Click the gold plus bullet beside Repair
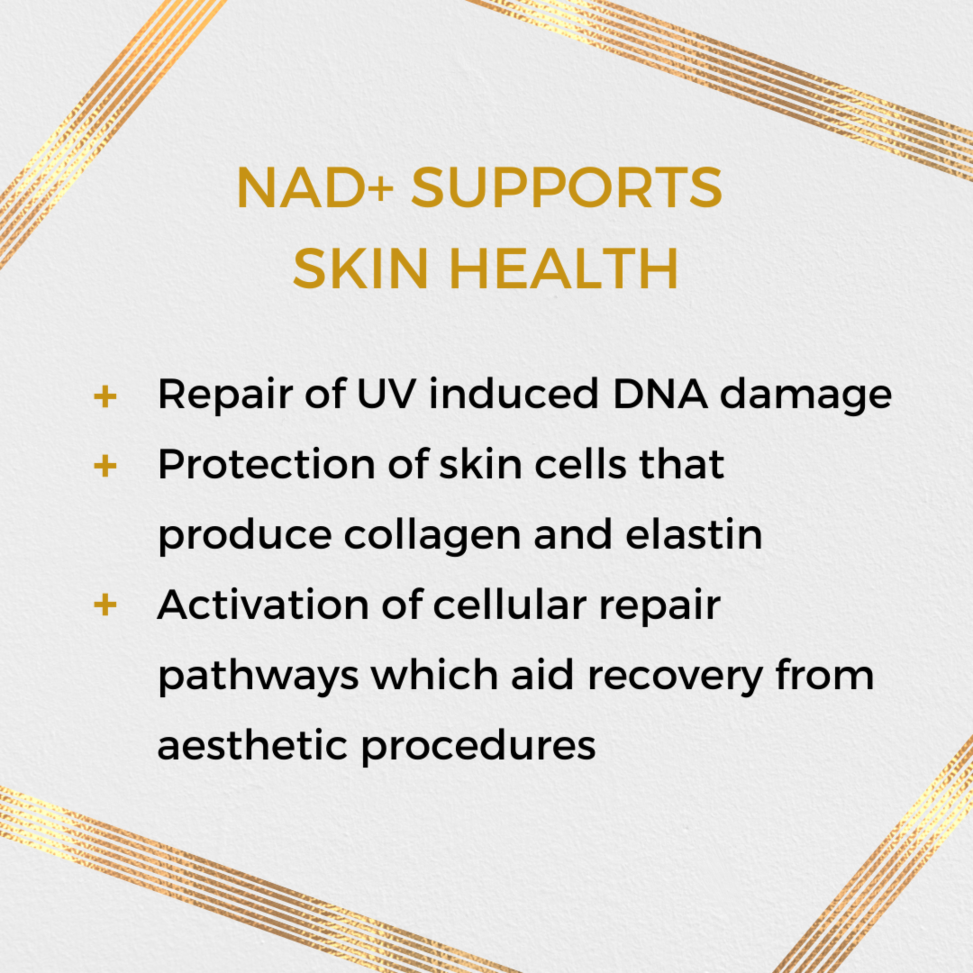[105, 397]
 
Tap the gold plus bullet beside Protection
[105, 466]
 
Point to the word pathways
[258, 676]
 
